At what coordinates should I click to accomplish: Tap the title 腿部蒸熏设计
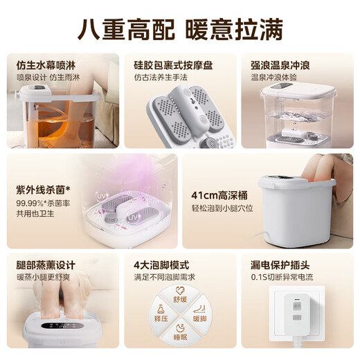47,265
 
